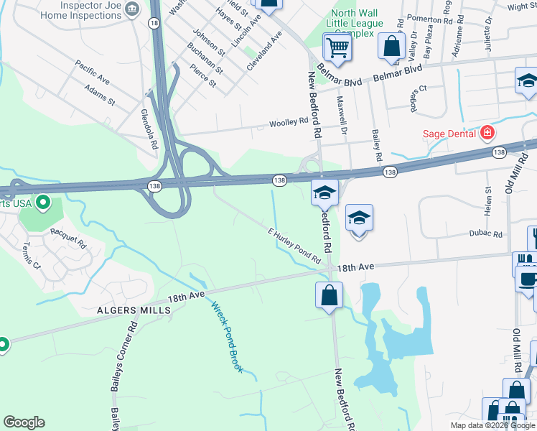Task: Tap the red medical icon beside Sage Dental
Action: pos(487,133)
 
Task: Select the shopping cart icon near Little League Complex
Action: pos(337,48)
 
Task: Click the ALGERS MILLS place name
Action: pos(134,310)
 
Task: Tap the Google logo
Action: pos(24,422)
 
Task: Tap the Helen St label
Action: pos(487,201)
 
